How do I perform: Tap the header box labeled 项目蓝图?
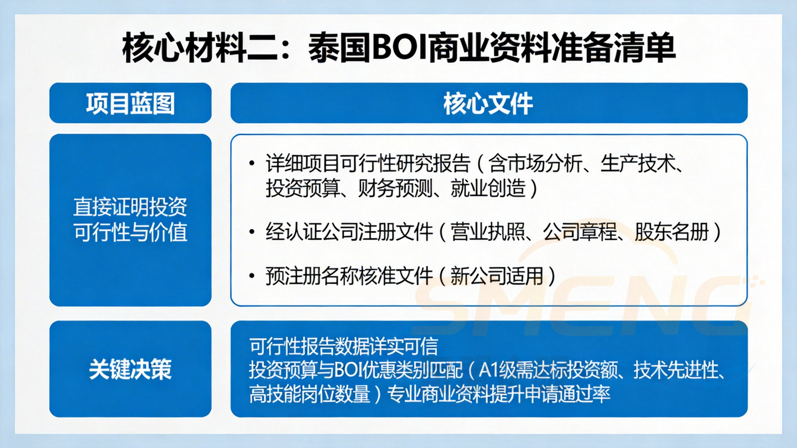pos(130,103)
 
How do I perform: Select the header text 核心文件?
pos(488,104)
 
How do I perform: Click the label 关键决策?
pos(130,369)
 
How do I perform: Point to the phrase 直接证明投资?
pos(130,207)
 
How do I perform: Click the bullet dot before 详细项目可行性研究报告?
pos(252,163)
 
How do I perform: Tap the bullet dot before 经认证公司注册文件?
pos(252,232)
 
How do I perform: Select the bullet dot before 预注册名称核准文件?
pos(252,276)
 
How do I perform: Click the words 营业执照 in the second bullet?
pos(488,232)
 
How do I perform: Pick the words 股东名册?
pos(672,232)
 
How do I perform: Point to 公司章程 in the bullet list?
pos(580,232)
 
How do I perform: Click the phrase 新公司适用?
pos(497,276)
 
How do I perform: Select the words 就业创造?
pos(488,188)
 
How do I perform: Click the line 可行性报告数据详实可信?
pos(344,346)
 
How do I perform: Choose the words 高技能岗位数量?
pos(309,394)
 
